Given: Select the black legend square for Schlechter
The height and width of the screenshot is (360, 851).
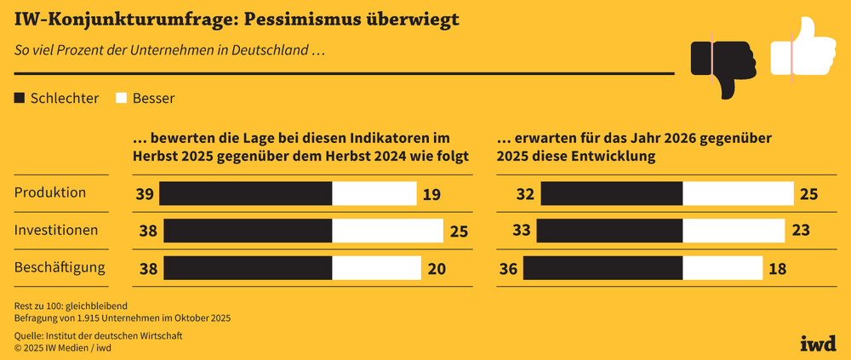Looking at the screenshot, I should [20, 98].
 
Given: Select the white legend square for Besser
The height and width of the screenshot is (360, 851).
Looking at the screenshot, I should [121, 98].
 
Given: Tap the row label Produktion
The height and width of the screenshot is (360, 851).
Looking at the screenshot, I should [50, 192].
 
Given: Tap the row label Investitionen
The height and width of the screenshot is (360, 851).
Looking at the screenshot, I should [56, 230].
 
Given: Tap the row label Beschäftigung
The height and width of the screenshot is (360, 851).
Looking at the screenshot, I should [60, 267].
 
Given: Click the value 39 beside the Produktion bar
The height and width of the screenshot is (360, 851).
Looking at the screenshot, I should [145, 194].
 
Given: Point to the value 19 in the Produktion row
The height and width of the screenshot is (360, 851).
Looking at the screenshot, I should [431, 194].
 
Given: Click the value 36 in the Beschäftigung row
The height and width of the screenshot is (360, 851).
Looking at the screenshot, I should [508, 269].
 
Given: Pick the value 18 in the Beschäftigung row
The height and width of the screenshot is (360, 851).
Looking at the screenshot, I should [777, 269].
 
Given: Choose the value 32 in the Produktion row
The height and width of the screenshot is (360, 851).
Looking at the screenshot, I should [525, 194].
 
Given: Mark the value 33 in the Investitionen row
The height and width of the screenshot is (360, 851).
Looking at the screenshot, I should [522, 231].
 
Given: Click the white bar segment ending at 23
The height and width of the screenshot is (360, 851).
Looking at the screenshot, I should [734, 231].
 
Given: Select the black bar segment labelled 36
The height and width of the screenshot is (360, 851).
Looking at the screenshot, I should [603, 268].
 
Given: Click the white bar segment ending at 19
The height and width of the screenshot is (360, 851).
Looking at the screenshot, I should [374, 194].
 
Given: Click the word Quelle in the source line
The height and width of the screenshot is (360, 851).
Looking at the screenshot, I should [30, 336].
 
